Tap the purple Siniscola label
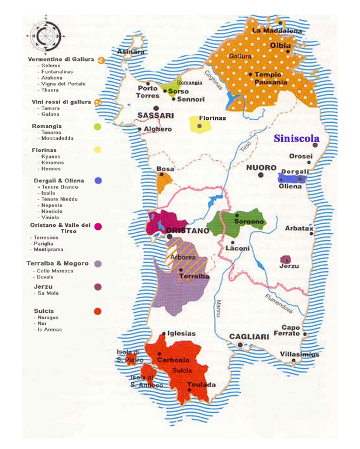296,139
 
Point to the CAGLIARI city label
248,337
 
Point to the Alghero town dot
140,129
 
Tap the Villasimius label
300,354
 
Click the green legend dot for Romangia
97,126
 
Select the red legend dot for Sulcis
98,311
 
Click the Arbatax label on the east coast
299,228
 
